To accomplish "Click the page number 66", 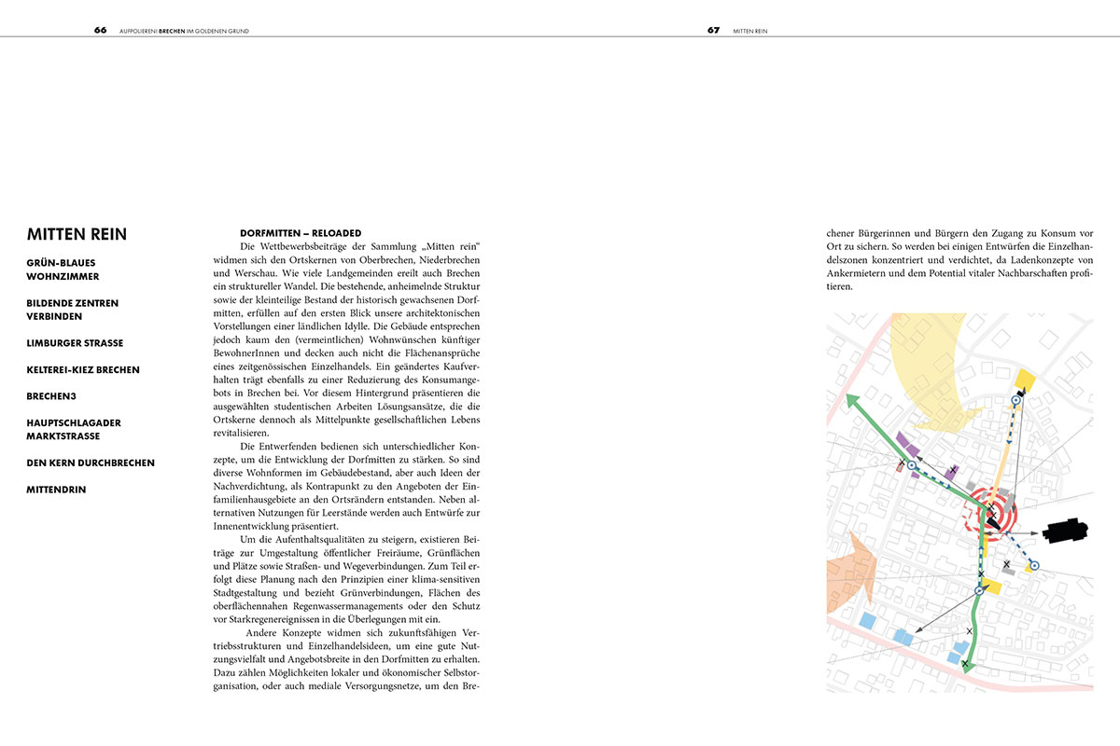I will tap(100, 30).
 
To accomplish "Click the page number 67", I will tap(713, 30).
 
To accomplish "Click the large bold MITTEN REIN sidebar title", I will tap(77, 234).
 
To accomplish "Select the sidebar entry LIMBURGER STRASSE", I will tap(75, 343).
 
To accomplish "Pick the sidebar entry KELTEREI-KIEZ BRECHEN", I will tap(83, 369).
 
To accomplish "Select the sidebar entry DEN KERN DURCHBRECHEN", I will tap(91, 463).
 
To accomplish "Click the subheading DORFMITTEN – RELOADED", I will tap(301, 232).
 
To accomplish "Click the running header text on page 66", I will tap(185, 31).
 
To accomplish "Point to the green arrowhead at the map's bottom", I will tap(967, 664).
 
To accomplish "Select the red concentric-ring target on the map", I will tap(993, 511).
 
